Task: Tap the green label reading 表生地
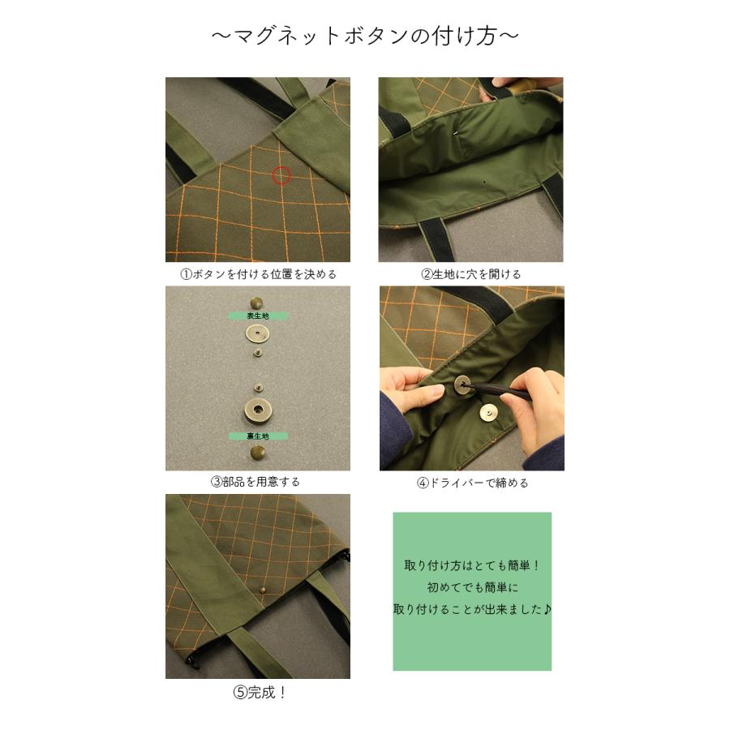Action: pos(258,316)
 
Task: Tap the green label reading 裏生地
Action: pos(258,436)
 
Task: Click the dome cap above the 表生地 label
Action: pos(258,299)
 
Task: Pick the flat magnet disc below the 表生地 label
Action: pos(258,333)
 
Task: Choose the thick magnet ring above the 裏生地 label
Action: pos(258,410)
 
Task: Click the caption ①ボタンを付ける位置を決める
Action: pos(258,274)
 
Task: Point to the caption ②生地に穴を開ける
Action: pos(471,274)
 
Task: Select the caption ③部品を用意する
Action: pos(256,482)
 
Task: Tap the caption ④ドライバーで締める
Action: pos(472,483)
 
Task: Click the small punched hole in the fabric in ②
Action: pos(484,184)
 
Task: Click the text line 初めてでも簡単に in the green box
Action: pos(472,586)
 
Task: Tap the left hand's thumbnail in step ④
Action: pos(439,392)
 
